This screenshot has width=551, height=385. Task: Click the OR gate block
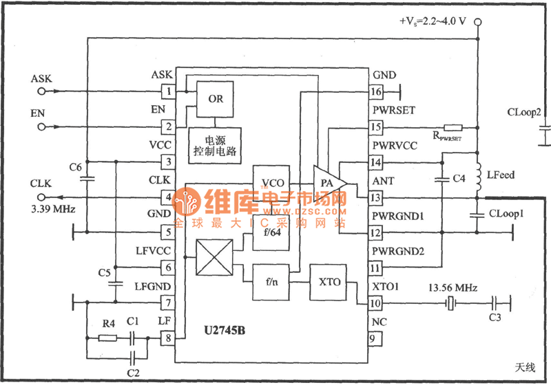pos(216,98)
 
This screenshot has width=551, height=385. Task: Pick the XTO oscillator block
pos(326,282)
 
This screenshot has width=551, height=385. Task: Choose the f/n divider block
pos(271,282)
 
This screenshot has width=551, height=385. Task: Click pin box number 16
pos(375,91)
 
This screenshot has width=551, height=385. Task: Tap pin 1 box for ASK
pos(167,91)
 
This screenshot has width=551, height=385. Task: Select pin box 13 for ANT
pos(375,198)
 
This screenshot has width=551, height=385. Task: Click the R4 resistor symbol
pos(107,338)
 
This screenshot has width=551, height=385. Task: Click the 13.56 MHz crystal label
pos(453,287)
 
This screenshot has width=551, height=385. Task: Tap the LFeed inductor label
pos(501,175)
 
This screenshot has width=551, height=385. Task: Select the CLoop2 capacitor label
pos(524,111)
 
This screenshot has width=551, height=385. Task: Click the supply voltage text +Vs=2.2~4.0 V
pos(433,21)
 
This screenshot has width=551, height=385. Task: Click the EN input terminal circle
pos(41,126)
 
